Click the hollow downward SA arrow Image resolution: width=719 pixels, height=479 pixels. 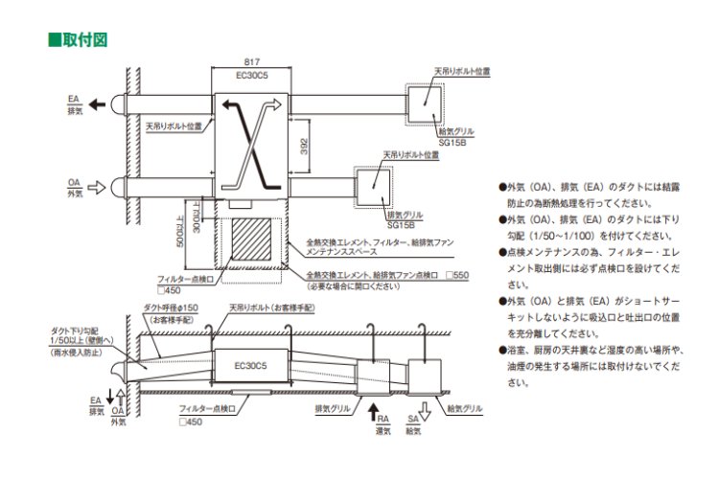pyautogui.click(x=413, y=415)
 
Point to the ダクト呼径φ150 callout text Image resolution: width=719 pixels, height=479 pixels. pyautogui.click(x=171, y=309)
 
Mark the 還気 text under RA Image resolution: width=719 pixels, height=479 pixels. pyautogui.click(x=383, y=431)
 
